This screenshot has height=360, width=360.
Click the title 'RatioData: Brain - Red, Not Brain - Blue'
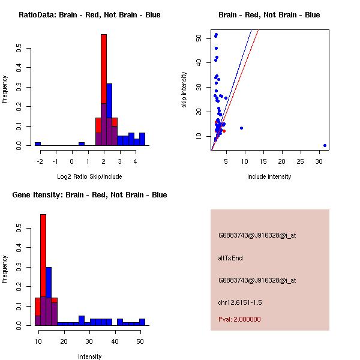(x=89, y=15)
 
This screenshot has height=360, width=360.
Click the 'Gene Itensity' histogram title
(x=89, y=195)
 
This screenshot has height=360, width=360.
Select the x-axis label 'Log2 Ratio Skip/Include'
(x=89, y=176)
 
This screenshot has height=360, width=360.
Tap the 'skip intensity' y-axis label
(x=185, y=90)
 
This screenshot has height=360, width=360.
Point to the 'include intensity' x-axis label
(x=269, y=176)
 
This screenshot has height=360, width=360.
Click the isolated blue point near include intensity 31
(x=325, y=145)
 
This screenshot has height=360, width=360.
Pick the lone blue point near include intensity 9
(x=241, y=128)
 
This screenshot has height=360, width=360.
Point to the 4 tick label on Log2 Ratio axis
(x=135, y=161)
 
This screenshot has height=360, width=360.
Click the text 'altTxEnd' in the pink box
(x=230, y=258)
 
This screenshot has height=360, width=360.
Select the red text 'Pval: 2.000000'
(x=239, y=319)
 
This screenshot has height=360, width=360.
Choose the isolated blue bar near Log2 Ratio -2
(x=38, y=144)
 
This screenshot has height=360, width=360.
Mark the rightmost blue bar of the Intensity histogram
(x=142, y=322)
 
